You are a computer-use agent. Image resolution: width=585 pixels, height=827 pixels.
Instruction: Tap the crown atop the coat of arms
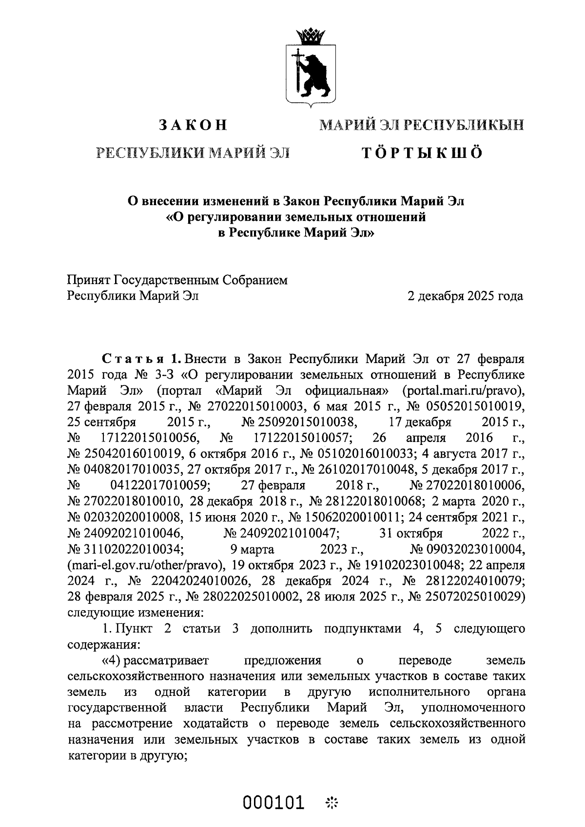(311, 36)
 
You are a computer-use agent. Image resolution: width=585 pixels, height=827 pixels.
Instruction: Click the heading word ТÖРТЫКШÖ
(422, 153)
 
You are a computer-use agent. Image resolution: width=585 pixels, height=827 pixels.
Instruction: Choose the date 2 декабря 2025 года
(466, 296)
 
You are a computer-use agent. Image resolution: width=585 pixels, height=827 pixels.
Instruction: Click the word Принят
(88, 280)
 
